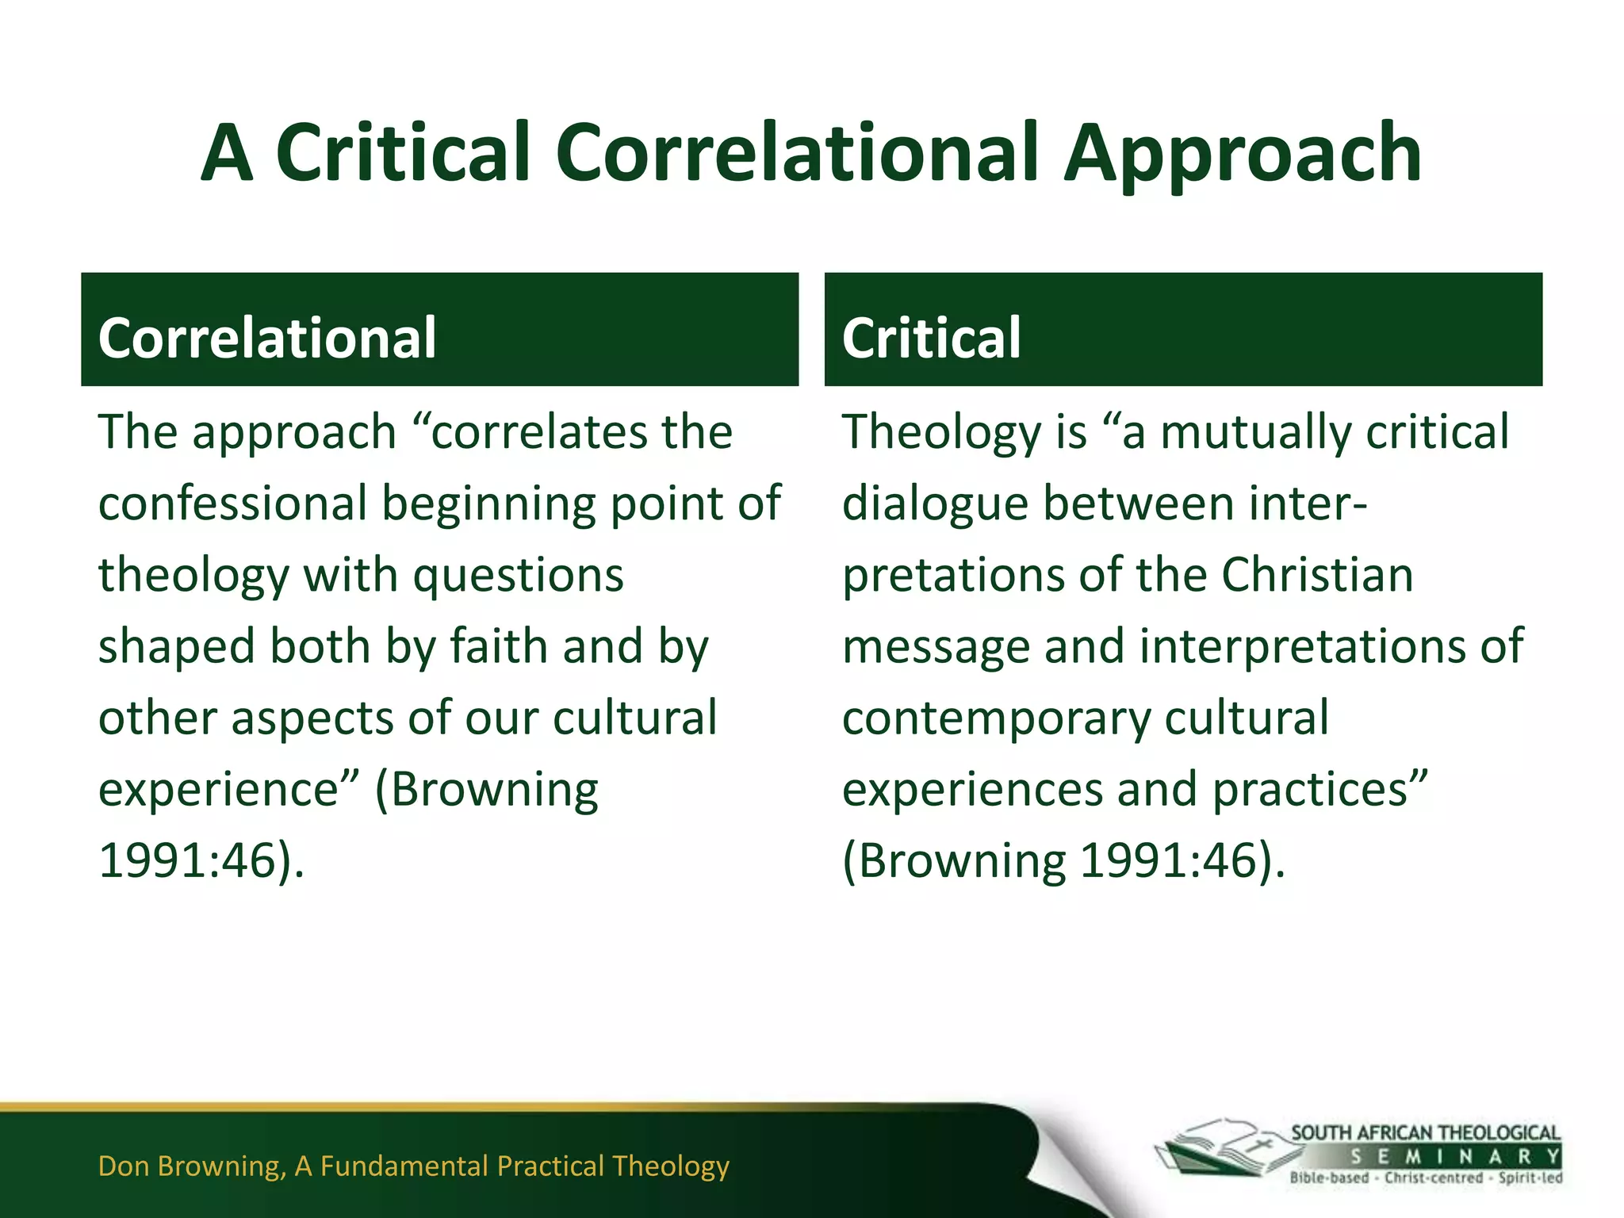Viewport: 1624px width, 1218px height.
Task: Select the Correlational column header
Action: pos(267,338)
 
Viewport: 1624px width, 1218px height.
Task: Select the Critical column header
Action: pos(931,338)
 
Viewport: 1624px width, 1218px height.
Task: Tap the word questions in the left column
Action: pos(519,575)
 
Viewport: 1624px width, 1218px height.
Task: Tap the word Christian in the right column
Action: pos(1317,575)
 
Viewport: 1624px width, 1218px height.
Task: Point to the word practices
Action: pos(1319,790)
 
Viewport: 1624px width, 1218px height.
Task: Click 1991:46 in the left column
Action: pos(187,860)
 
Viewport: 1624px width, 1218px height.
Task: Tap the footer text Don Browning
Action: pos(190,1166)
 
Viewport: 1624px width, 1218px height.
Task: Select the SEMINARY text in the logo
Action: pos(1455,1156)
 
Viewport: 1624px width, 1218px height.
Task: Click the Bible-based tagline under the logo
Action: pos(1329,1178)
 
